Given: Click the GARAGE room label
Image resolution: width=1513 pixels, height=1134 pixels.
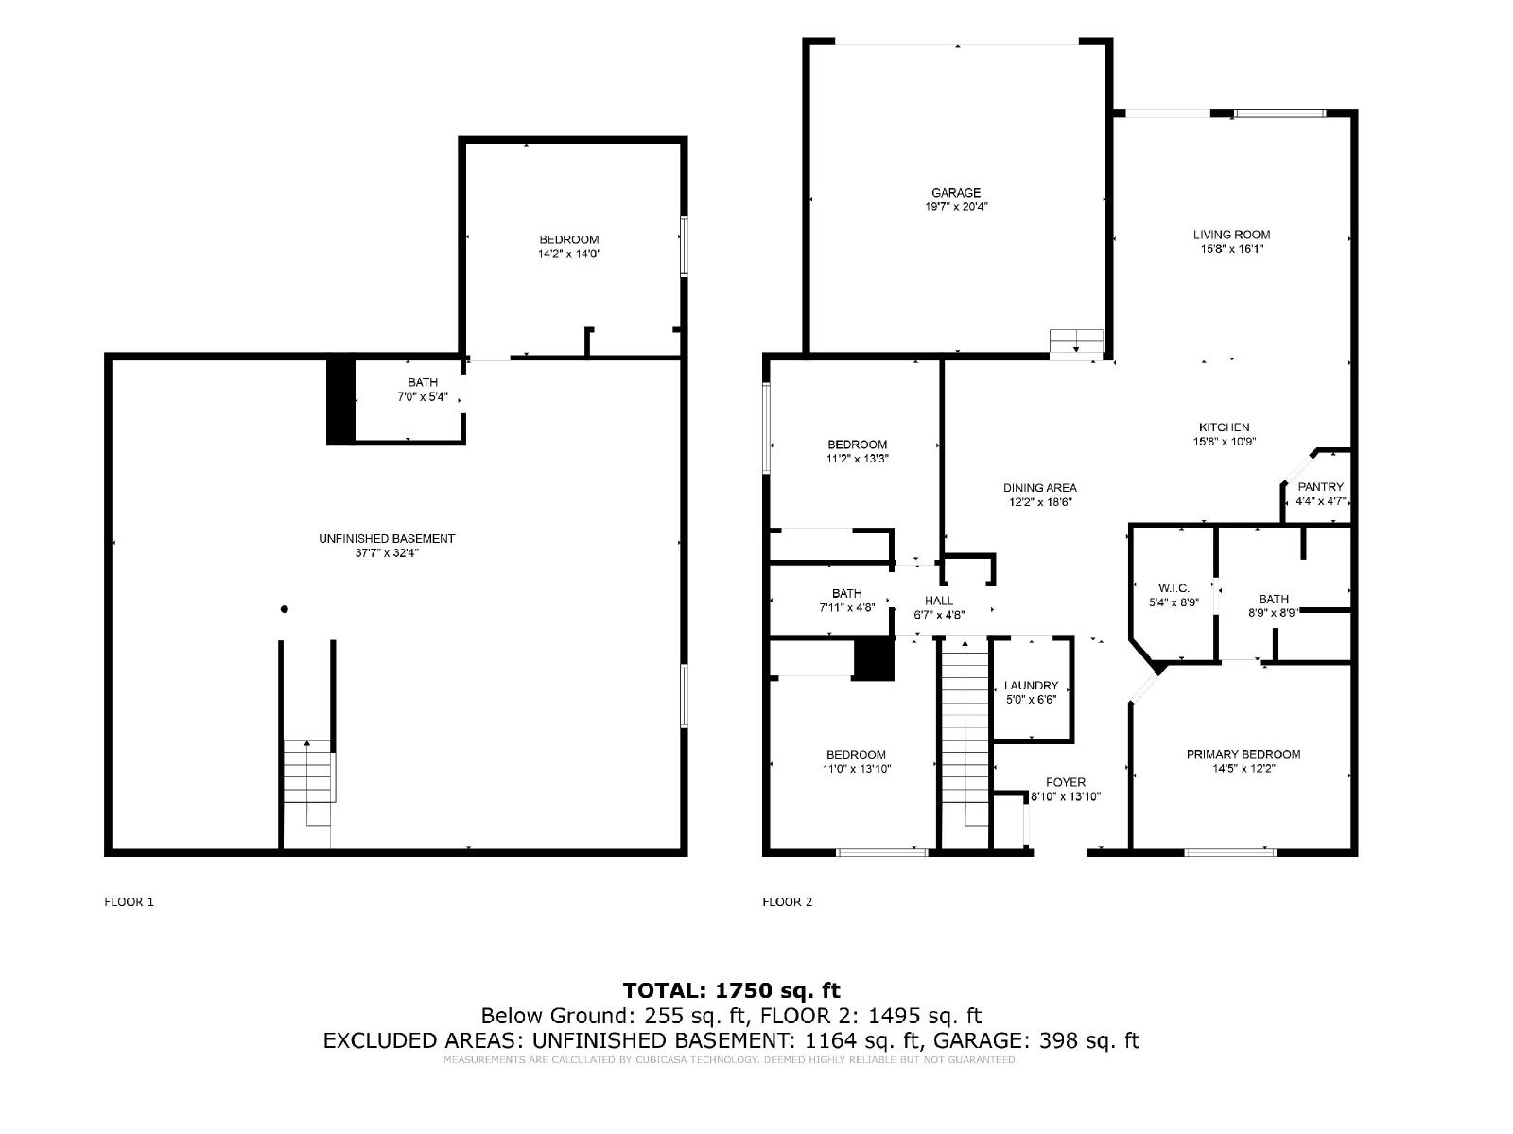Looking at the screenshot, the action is coord(955,193).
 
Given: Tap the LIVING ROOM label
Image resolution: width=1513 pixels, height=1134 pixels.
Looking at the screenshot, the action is coord(1231,236).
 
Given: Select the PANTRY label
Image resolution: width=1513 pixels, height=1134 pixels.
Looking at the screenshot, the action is coord(1320,487).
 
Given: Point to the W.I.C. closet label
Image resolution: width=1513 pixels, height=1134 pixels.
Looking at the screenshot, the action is coord(1174,588).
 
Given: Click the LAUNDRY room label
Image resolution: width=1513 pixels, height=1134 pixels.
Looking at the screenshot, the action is coord(1031,686).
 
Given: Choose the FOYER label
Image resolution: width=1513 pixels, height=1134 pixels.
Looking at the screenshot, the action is coord(1065,782).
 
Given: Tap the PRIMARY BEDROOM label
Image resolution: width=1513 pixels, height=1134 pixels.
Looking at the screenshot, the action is coord(1243,754).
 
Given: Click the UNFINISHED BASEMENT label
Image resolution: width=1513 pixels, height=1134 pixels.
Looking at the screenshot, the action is coord(386,539).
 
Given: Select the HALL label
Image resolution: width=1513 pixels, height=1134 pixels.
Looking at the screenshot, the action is coord(938,602).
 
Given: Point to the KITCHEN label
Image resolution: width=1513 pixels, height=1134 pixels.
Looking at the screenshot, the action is coord(1224,427).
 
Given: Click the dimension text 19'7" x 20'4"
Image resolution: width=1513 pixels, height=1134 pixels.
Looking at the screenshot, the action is coord(955,207).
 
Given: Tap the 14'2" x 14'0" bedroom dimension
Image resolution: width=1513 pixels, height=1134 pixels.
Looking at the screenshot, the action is coord(568,253).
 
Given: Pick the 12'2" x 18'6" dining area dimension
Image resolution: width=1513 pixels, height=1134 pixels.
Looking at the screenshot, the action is coord(1039,502).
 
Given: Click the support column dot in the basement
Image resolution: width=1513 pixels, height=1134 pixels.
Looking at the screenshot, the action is coord(284,609).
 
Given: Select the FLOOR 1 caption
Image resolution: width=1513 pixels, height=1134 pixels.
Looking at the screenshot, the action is coord(129,902).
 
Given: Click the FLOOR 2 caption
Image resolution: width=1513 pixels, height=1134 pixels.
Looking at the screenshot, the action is coord(787,902).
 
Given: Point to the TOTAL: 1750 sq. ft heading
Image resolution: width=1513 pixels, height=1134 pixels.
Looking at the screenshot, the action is coord(731,990).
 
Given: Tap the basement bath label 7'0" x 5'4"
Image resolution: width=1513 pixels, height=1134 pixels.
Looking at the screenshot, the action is coord(422,397).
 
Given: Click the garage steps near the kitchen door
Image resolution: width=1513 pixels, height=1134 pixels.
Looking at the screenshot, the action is coord(1076,342).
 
